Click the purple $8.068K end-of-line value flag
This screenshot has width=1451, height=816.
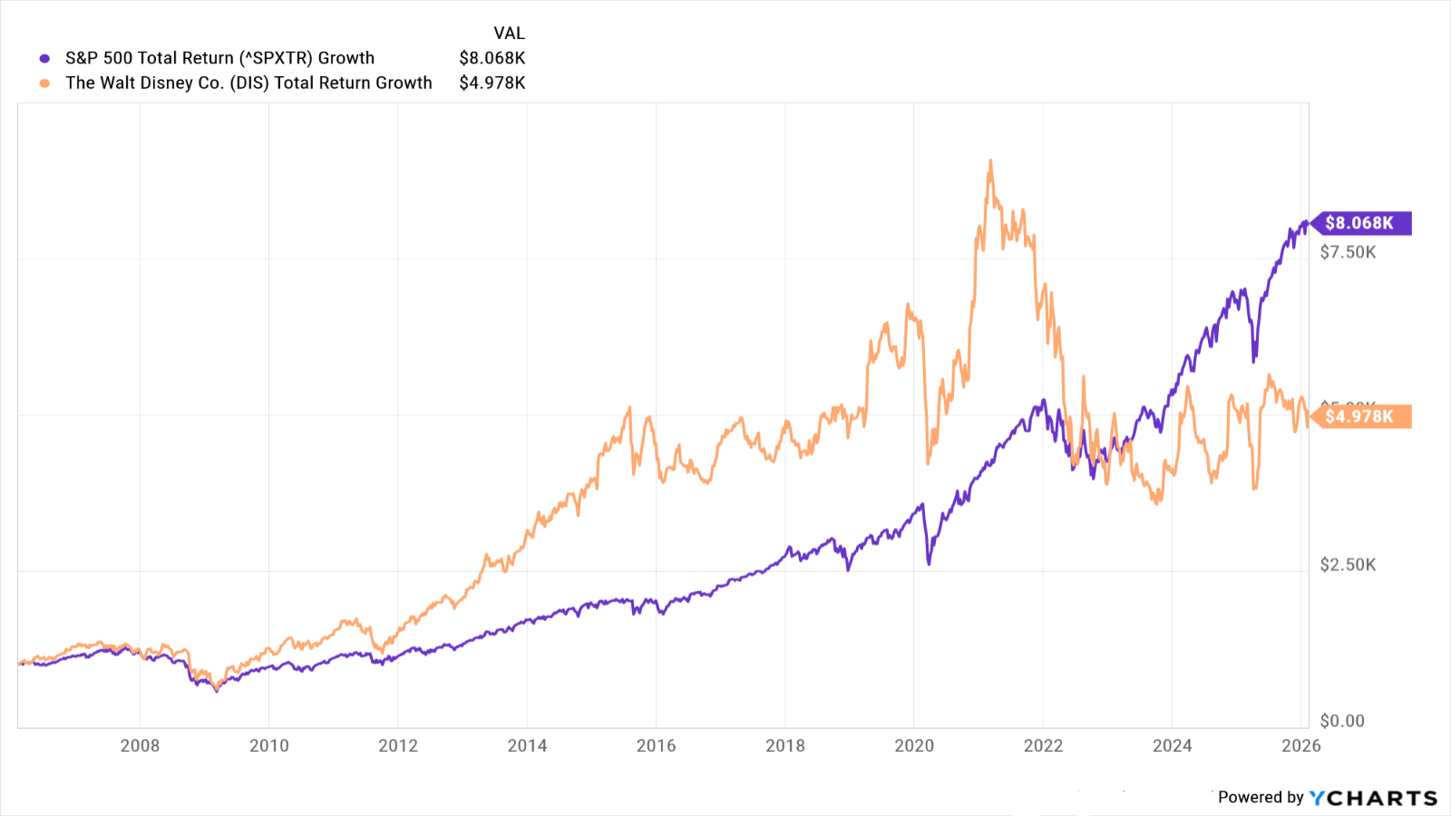tap(1359, 223)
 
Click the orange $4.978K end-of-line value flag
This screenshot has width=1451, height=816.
tap(1359, 416)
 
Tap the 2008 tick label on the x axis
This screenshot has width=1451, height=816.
tap(140, 745)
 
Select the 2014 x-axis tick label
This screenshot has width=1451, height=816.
tap(527, 745)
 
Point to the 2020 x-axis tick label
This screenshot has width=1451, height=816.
tap(914, 745)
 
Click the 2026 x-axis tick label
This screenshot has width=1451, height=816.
tap(1300, 745)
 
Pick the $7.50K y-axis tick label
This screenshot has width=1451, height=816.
tap(1348, 252)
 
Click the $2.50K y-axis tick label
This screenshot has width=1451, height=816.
tap(1348, 565)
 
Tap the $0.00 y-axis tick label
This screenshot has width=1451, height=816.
tap(1342, 721)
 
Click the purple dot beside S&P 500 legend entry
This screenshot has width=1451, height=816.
tap(44, 59)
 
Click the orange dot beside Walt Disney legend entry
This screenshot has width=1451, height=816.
tap(44, 83)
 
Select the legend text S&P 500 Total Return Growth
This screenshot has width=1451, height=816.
tap(219, 58)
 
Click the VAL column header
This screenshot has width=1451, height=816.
tap(509, 34)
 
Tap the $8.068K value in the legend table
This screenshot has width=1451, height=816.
tap(492, 58)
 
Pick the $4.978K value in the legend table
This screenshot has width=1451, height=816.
tap(492, 83)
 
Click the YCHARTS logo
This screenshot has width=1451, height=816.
tap(1373, 798)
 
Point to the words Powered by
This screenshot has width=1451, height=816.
tap(1260, 797)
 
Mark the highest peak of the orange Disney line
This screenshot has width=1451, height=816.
tap(990, 161)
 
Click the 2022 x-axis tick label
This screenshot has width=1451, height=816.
tap(1043, 745)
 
